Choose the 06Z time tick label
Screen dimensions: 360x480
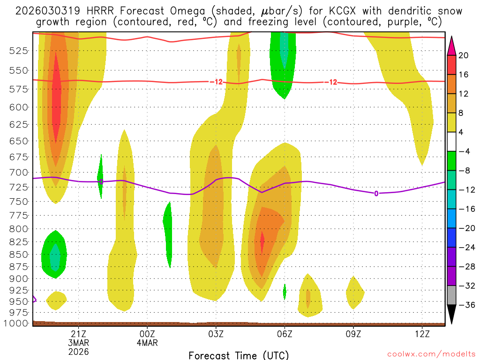tap(285, 333)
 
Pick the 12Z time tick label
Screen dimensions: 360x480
tap(422, 333)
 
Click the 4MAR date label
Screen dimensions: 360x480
tap(147, 342)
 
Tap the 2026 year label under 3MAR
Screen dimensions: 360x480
tap(78, 351)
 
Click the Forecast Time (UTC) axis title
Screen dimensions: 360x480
tap(239, 355)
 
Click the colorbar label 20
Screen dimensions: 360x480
tap(464, 55)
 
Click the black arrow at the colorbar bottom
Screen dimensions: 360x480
tap(452, 315)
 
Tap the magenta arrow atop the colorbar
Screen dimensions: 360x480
tap(452, 45)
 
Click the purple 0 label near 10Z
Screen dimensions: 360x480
tap(376, 193)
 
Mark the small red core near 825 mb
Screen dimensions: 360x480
tap(262, 244)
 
